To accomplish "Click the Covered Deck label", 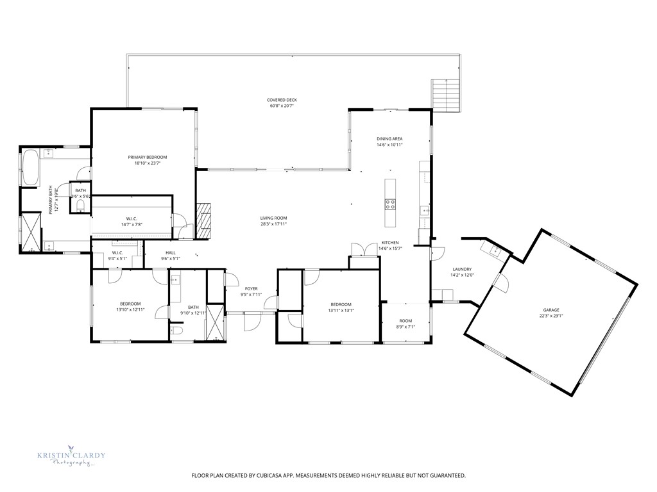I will (282, 100).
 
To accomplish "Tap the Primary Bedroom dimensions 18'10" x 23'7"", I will (147, 163).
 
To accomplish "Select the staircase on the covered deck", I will (445, 95).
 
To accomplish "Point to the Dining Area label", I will (389, 138).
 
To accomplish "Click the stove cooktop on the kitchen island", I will (389, 204).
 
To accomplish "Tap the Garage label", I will (551, 309).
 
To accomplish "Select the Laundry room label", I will (462, 269).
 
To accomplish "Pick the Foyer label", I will (250, 289).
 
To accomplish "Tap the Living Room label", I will (273, 218).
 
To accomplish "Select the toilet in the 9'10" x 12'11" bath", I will (177, 331).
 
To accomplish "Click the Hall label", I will (170, 253).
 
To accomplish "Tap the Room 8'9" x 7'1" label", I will (405, 320).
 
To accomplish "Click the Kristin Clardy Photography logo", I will (71, 458).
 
